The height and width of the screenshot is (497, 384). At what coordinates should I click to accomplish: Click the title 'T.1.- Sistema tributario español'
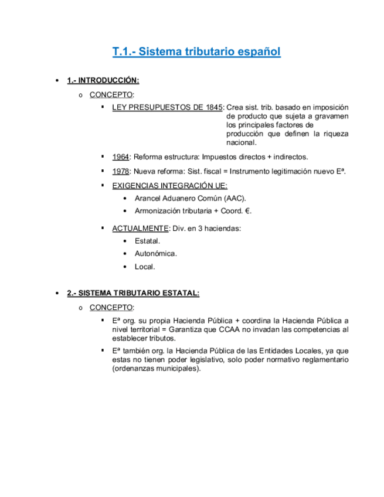click(196, 52)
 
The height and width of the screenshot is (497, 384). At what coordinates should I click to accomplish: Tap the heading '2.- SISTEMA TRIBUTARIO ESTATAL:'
click(133, 293)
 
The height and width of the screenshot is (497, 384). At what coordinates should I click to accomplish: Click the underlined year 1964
click(120, 156)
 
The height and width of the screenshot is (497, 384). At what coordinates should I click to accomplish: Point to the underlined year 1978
click(120, 171)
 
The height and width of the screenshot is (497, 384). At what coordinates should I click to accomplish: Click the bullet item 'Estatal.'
click(147, 241)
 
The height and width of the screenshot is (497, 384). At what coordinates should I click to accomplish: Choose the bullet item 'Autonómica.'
click(155, 254)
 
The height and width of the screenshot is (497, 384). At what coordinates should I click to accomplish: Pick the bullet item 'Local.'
click(145, 267)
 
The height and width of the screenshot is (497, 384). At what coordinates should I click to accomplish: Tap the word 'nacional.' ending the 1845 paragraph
click(242, 142)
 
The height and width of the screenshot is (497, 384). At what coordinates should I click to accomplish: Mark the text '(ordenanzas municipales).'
click(156, 369)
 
